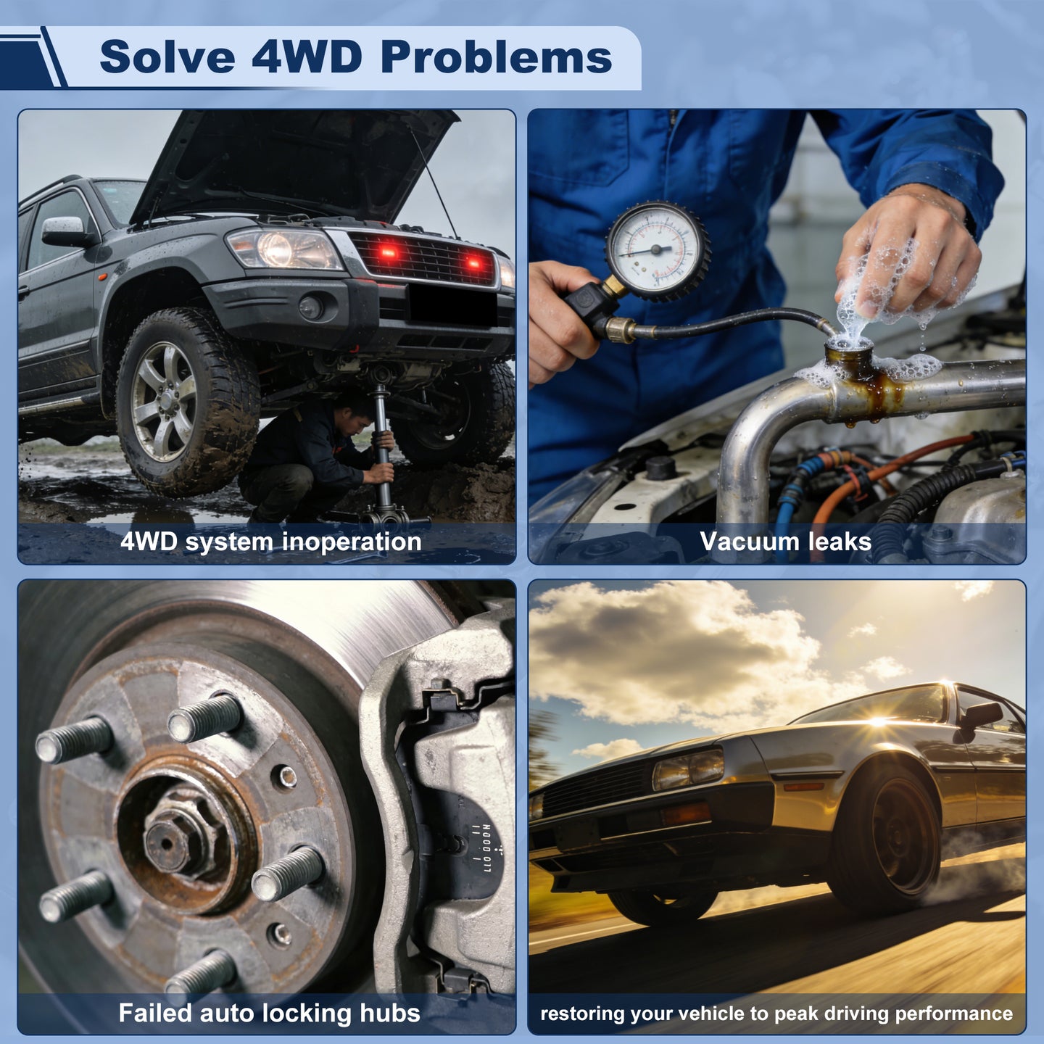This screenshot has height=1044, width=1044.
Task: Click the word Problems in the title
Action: click(x=497, y=57)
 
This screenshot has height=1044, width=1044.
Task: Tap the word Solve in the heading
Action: click(x=167, y=57)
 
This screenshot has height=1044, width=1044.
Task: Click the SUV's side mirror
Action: click(x=65, y=231)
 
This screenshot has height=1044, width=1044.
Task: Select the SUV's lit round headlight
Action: click(x=276, y=248)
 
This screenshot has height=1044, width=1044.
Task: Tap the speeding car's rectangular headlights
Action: click(x=688, y=768)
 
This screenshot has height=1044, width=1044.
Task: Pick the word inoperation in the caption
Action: click(x=352, y=542)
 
